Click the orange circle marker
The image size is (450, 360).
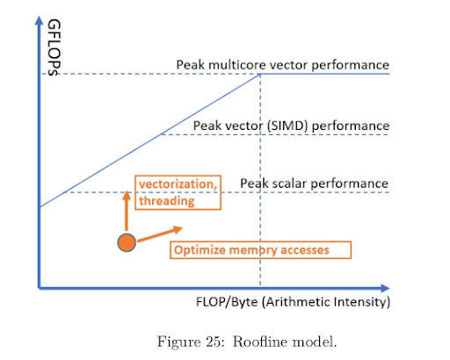(127, 242)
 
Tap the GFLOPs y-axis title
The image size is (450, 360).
(54, 47)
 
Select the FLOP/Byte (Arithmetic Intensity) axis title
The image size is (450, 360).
(293, 302)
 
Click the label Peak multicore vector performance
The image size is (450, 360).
(282, 65)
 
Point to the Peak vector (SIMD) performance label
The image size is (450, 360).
(291, 126)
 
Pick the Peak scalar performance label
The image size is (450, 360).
(314, 184)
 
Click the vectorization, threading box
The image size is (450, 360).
(178, 192)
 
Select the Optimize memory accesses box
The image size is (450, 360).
(260, 250)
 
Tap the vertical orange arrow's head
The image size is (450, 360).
(127, 195)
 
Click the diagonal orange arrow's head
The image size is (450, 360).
(178, 229)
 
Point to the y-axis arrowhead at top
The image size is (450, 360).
(39, 20)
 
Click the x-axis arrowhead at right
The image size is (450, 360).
(385, 288)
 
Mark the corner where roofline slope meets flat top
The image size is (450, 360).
(260, 75)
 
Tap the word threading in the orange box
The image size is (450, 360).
(167, 201)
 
